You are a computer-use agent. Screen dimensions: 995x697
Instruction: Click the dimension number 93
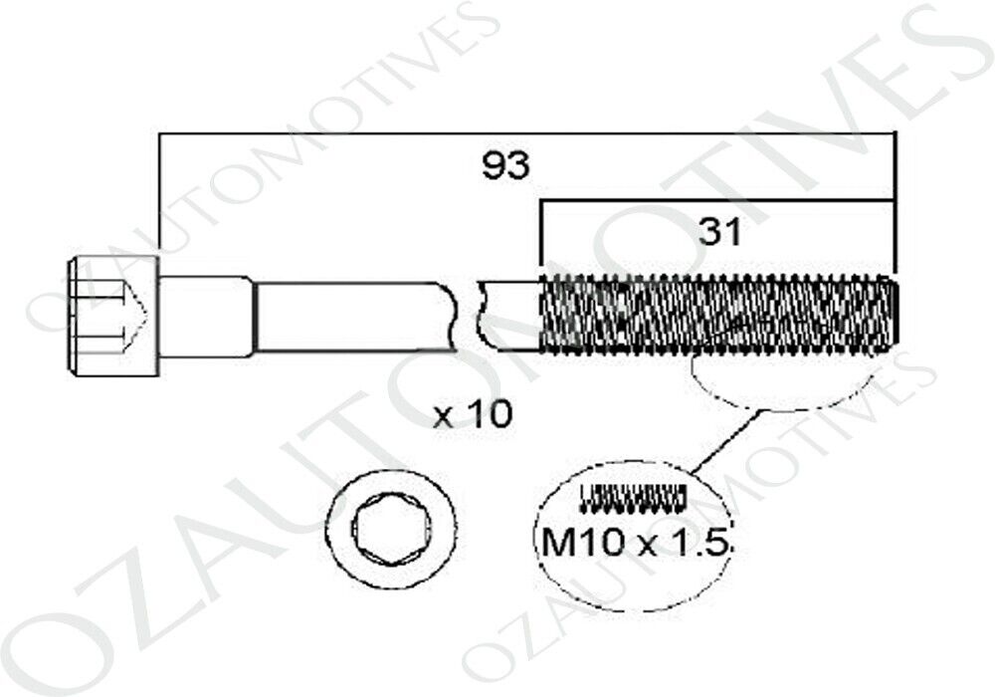point(505,166)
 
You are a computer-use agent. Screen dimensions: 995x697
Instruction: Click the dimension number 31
point(720,233)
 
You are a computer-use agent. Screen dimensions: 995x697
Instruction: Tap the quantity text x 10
point(472,415)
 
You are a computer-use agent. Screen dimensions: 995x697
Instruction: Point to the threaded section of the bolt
point(717,315)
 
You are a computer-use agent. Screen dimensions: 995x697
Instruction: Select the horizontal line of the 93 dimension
point(526,134)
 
